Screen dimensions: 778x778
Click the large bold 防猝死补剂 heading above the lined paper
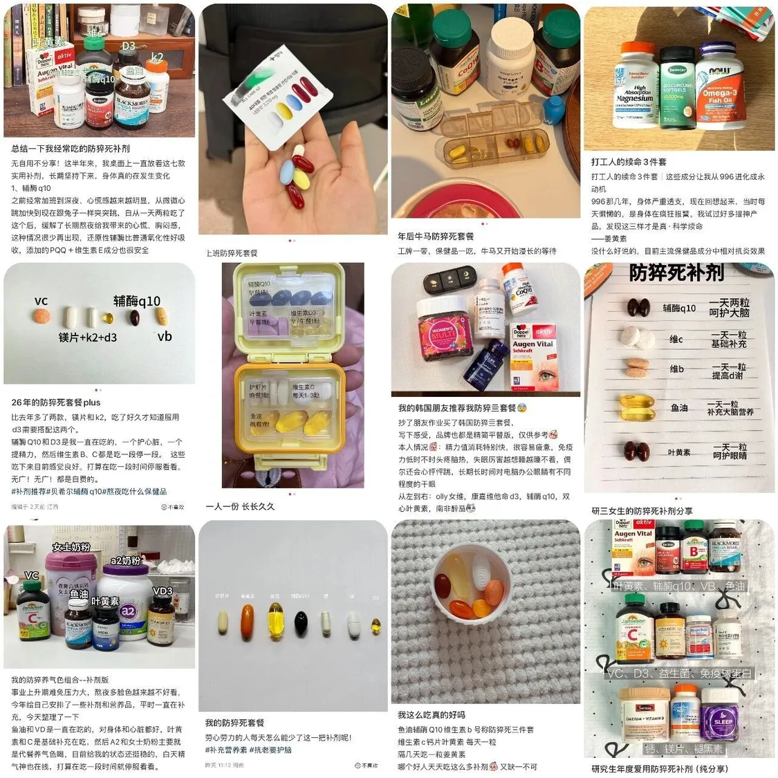tap(676, 273)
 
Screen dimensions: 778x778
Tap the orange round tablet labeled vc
tap(41, 317)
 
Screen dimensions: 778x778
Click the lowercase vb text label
tap(165, 336)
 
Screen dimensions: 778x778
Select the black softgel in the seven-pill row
tap(301, 624)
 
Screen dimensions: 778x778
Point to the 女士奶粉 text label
tap(71, 547)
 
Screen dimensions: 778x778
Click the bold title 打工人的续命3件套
tap(629, 162)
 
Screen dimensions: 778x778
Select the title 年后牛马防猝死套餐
tap(436, 237)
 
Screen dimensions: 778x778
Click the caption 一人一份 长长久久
tap(240, 506)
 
